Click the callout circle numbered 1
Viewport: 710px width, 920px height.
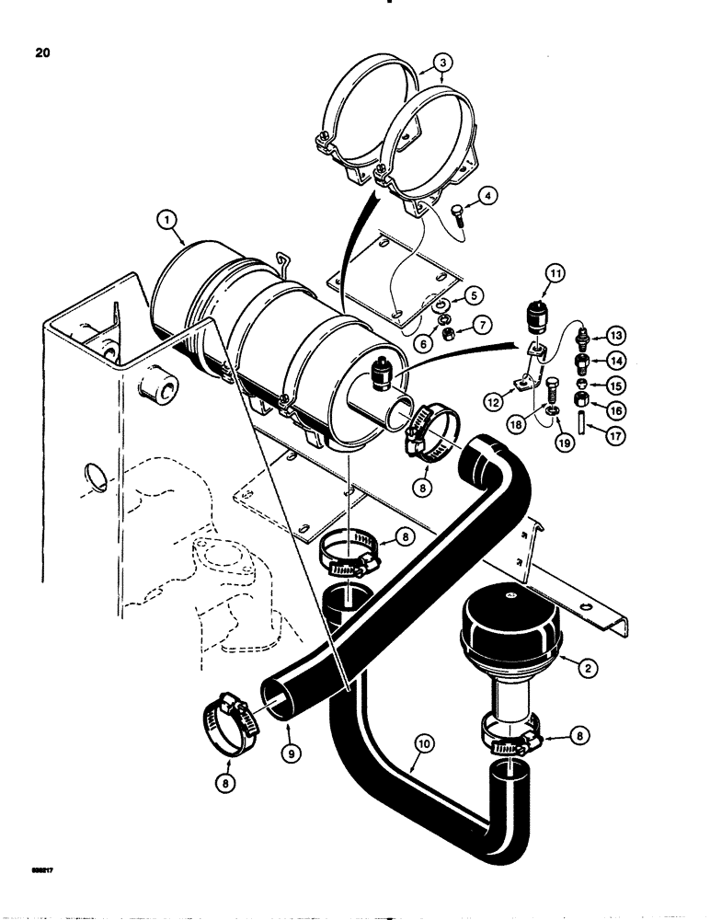pyautogui.click(x=166, y=220)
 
